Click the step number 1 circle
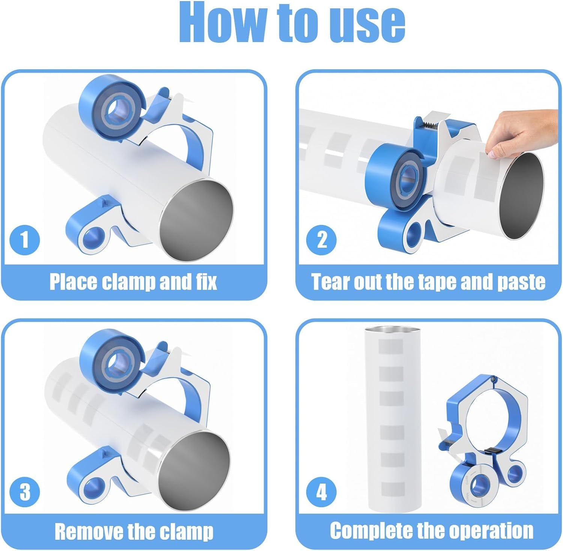[25, 239]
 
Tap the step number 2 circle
[322, 239]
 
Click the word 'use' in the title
[369, 23]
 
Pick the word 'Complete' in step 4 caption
[371, 531]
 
